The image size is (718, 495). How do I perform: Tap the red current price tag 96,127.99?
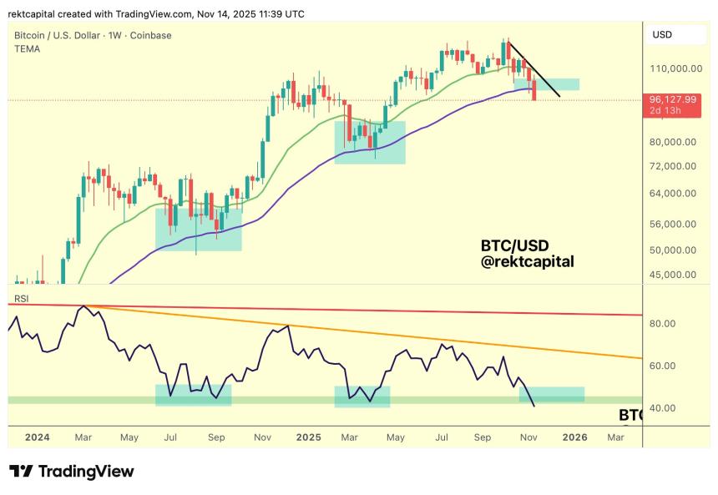(673, 98)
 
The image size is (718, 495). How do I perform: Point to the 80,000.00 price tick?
(673, 142)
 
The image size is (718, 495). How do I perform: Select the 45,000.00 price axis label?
(673, 275)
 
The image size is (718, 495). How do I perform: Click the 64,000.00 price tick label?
(673, 194)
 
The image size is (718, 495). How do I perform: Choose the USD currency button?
(662, 35)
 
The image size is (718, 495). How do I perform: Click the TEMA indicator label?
(28, 49)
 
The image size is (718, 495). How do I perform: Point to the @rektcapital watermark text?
(527, 262)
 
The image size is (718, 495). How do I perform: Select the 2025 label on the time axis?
(308, 437)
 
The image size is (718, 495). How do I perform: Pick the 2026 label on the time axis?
(574, 437)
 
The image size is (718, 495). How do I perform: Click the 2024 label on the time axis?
(37, 437)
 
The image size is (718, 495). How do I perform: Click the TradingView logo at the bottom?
(72, 472)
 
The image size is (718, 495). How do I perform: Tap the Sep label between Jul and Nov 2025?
(483, 437)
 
